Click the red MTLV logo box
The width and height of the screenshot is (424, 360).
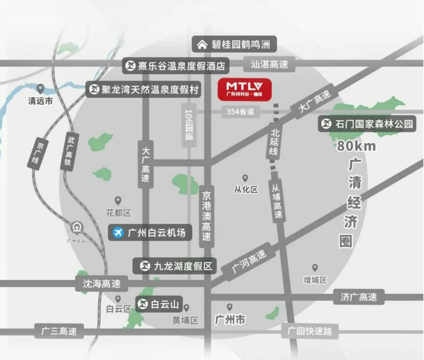245,90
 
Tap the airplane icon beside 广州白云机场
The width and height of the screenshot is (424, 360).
118,232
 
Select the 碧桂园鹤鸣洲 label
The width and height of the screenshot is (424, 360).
234,44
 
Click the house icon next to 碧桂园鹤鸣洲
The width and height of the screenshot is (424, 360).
202,44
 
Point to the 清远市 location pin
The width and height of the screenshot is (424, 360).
40,89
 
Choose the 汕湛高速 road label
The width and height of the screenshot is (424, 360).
269,64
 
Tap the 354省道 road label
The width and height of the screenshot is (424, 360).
240,112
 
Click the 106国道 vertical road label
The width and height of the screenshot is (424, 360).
189,125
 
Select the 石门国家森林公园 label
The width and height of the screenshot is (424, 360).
367,124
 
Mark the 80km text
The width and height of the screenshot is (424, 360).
356,146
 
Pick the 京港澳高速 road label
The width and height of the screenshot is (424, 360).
207,216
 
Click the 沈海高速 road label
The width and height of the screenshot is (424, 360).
102,283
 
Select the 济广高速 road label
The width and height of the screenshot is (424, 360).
358,297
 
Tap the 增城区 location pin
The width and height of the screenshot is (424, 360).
315,268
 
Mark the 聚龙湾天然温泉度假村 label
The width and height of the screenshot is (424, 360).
144,90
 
